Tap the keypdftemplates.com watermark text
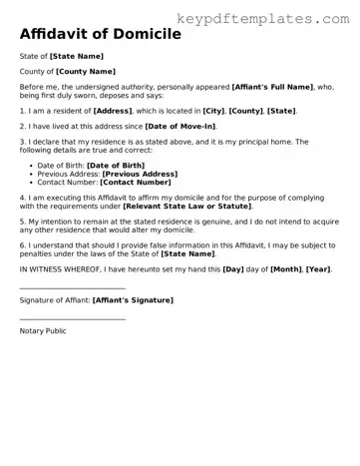263,20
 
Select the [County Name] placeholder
85,72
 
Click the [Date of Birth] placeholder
122,165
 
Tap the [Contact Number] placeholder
135,183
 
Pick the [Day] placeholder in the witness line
231,269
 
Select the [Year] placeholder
319,269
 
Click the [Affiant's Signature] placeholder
133,299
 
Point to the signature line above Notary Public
72,319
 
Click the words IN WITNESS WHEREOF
57,269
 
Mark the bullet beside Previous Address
27,174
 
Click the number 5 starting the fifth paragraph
22,219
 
